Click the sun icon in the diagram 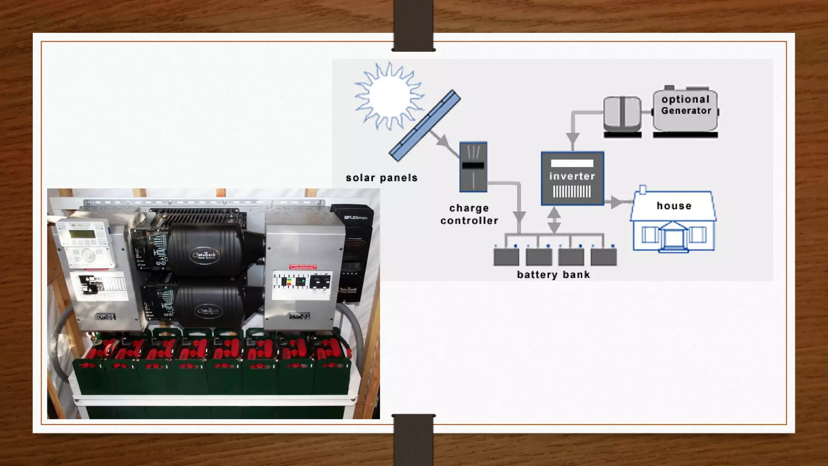(389, 96)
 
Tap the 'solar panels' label (382, 178)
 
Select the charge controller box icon (473, 167)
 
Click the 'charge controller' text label (469, 214)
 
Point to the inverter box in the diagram (572, 178)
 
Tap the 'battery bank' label (553, 275)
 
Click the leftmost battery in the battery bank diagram (506, 256)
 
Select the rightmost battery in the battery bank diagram (604, 256)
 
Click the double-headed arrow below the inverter (554, 220)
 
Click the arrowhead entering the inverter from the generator (572, 139)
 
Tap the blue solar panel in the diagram (425, 125)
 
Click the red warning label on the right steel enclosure (303, 267)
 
